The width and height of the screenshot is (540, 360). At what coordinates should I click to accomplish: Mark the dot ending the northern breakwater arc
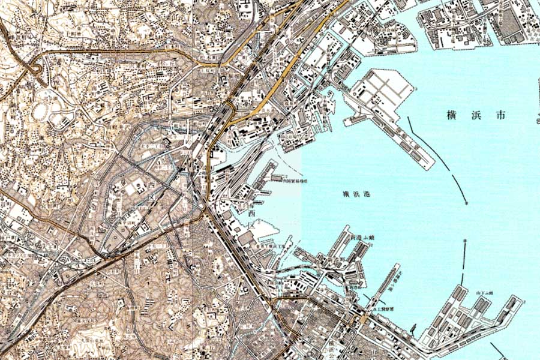pos(466,203)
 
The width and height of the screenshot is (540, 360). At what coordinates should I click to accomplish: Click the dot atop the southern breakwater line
pos(466,241)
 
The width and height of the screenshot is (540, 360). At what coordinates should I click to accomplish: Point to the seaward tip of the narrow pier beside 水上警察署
pos(398,265)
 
